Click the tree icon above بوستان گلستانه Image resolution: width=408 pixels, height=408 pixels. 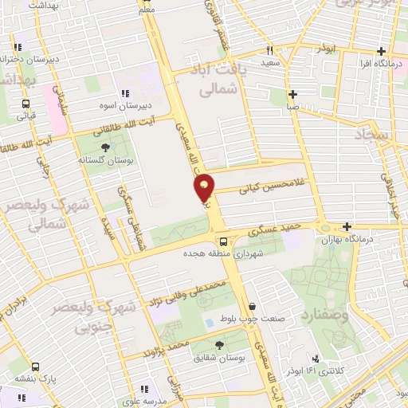[x=106, y=147]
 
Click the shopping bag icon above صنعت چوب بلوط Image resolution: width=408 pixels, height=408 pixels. [x=253, y=307]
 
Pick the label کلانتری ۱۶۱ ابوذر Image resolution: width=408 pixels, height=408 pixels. [x=331, y=371]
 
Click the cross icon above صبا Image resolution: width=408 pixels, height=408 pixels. [x=294, y=93]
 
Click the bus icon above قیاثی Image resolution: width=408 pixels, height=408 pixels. [x=27, y=104]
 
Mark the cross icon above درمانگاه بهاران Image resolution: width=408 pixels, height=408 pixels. [x=346, y=226]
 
